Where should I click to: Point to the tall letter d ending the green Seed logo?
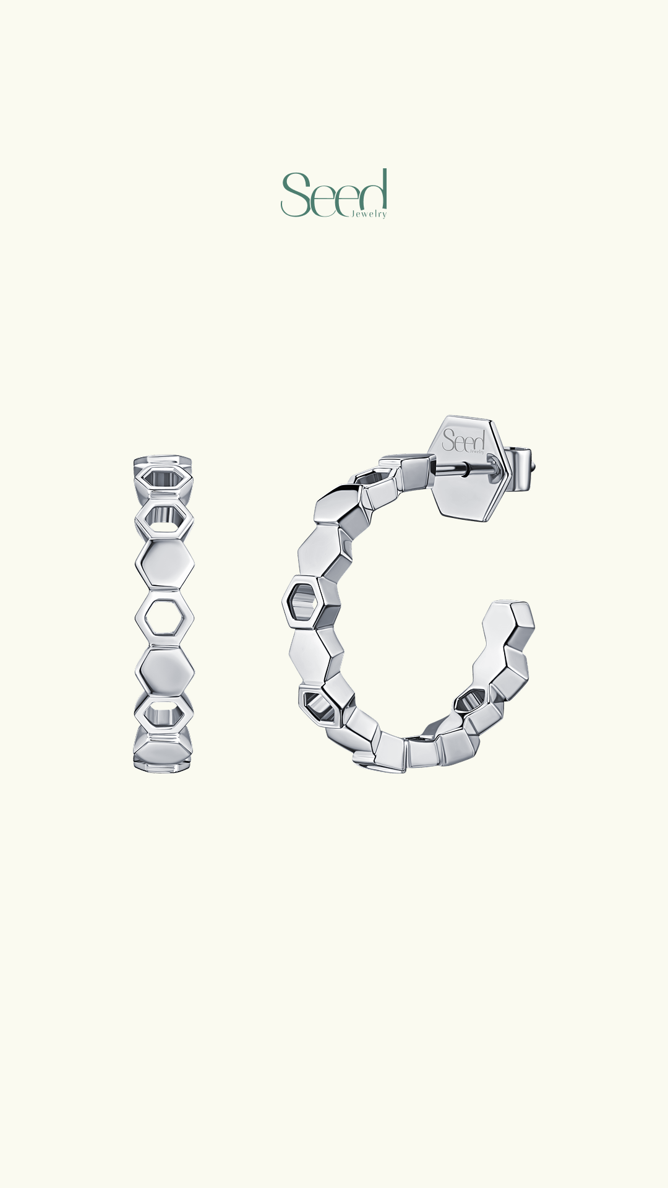tap(372, 192)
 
